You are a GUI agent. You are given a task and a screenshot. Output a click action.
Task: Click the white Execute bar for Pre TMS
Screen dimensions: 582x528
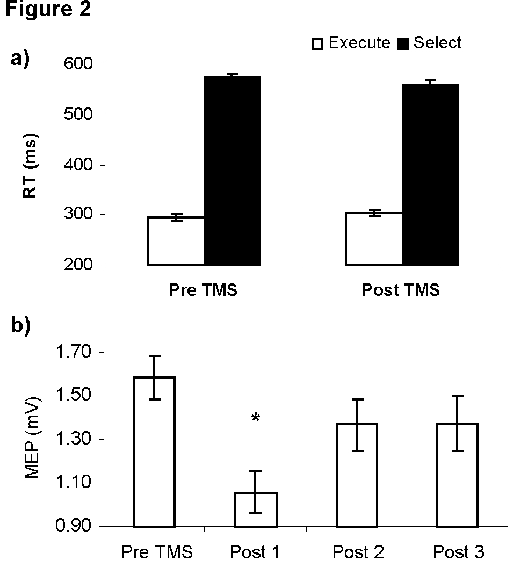click(176, 241)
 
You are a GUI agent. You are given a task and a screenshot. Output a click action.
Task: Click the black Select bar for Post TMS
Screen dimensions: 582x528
click(431, 174)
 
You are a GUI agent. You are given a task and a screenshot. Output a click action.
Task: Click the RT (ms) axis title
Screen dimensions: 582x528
click(31, 165)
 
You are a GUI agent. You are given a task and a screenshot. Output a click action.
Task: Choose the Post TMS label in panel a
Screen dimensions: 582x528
click(401, 290)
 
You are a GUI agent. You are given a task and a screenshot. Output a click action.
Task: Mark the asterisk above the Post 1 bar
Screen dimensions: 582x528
click(256, 418)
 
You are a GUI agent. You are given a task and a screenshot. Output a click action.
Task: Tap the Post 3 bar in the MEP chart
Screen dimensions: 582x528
click(457, 475)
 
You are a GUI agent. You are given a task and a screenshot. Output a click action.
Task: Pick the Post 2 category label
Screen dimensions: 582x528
click(358, 552)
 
